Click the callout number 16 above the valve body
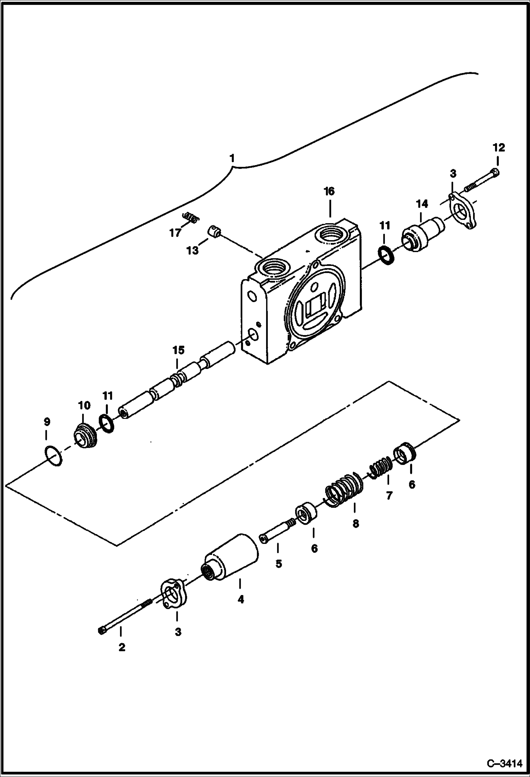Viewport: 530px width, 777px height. [329, 192]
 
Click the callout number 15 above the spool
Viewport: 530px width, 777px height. [178, 350]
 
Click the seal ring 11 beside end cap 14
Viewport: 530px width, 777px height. [386, 256]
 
